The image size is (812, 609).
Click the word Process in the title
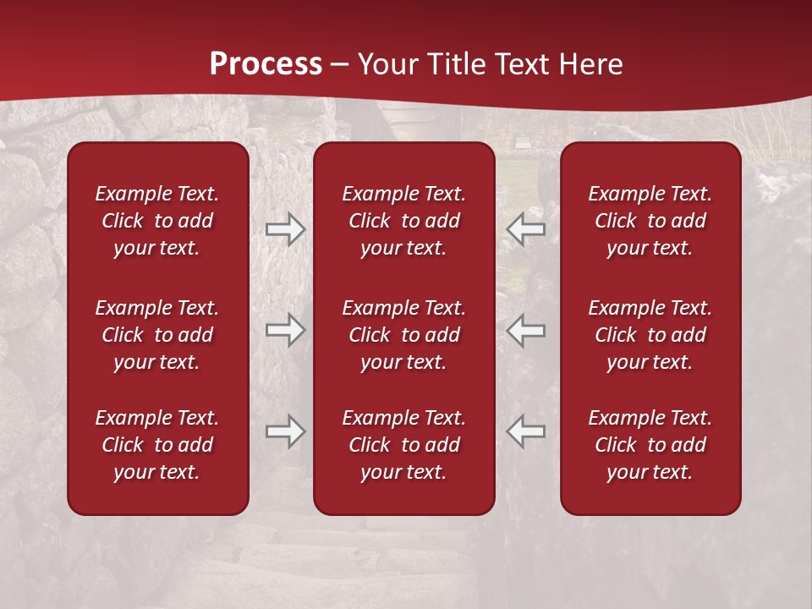tap(266, 64)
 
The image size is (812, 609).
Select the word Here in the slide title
tap(591, 64)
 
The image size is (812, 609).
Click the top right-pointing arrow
tap(285, 229)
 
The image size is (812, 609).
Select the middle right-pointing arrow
tap(285, 330)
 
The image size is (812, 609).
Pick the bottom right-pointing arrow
tap(285, 431)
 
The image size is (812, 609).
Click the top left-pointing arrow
tap(526, 229)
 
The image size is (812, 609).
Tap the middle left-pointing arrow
tap(526, 330)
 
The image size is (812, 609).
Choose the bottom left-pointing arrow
tap(526, 431)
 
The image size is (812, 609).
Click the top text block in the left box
tap(157, 221)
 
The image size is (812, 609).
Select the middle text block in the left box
tap(157, 335)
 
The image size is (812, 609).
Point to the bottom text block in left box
tap(157, 445)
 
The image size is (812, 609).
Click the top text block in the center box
tap(404, 221)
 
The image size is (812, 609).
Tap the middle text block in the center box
tap(404, 335)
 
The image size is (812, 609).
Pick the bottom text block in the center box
tap(404, 445)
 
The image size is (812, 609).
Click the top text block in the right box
tap(650, 221)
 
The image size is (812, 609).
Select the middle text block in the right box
tap(650, 335)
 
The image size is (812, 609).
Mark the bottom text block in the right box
tap(650, 445)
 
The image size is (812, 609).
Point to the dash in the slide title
tap(339, 65)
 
